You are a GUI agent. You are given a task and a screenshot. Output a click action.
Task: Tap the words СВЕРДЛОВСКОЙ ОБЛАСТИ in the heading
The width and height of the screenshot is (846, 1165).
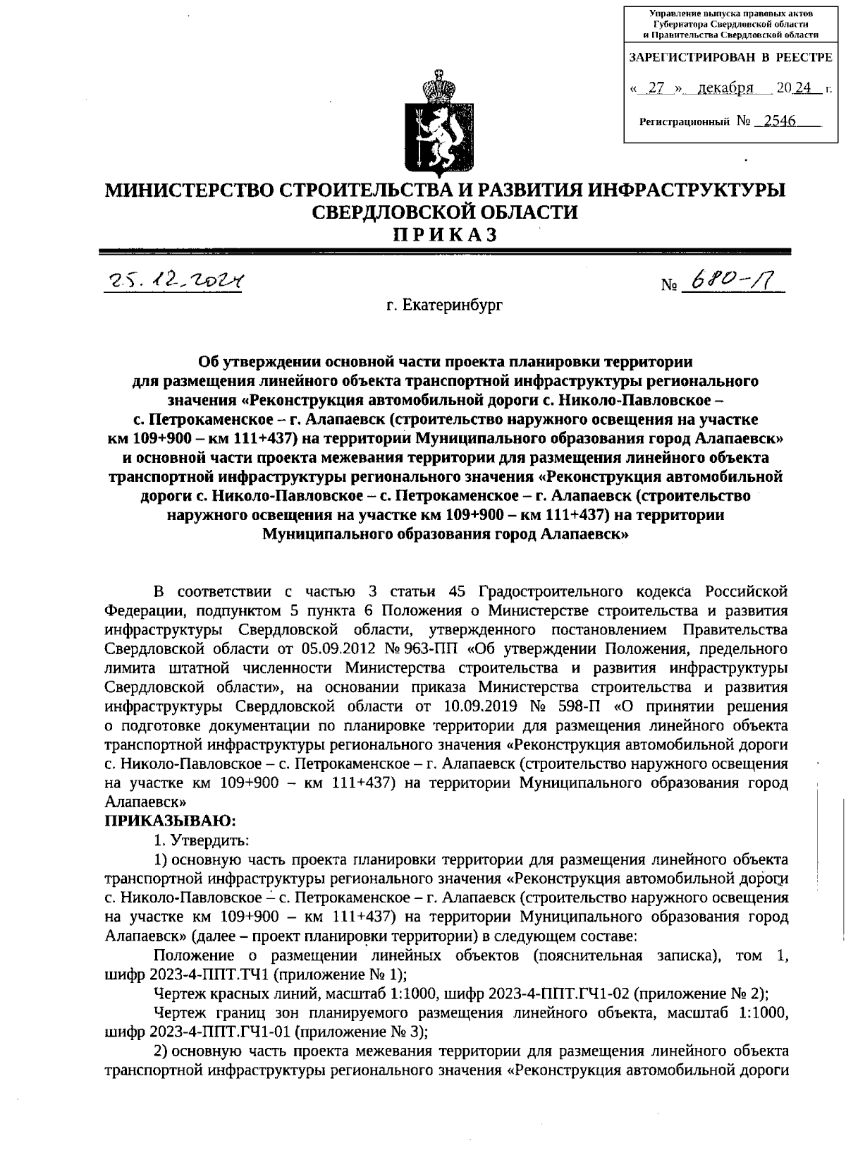[x=445, y=212]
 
